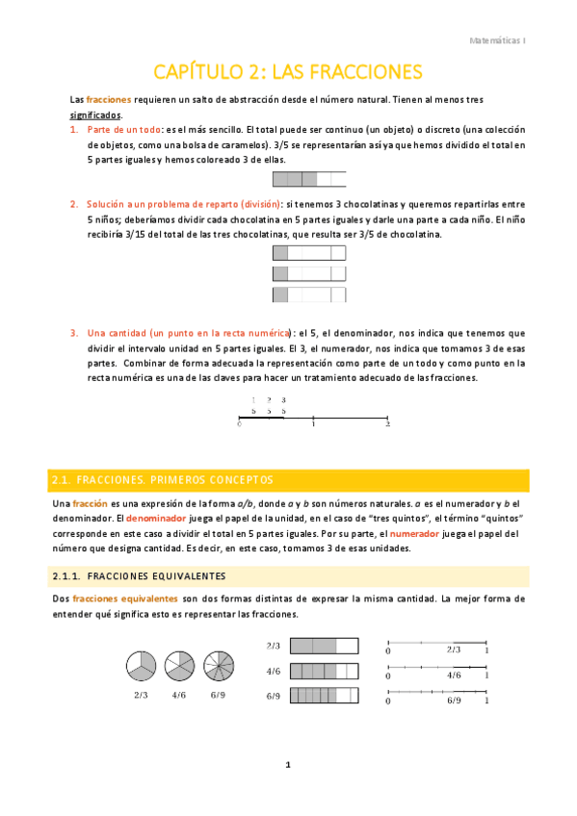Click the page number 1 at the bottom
(287, 765)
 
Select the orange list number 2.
(74, 204)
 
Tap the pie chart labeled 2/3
(141, 665)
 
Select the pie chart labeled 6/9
(217, 665)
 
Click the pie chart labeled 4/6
(179, 665)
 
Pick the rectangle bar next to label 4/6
(323, 671)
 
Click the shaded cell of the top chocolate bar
(281, 253)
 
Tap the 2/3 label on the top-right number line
(454, 650)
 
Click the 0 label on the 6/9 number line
(387, 701)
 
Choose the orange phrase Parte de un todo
(122, 130)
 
